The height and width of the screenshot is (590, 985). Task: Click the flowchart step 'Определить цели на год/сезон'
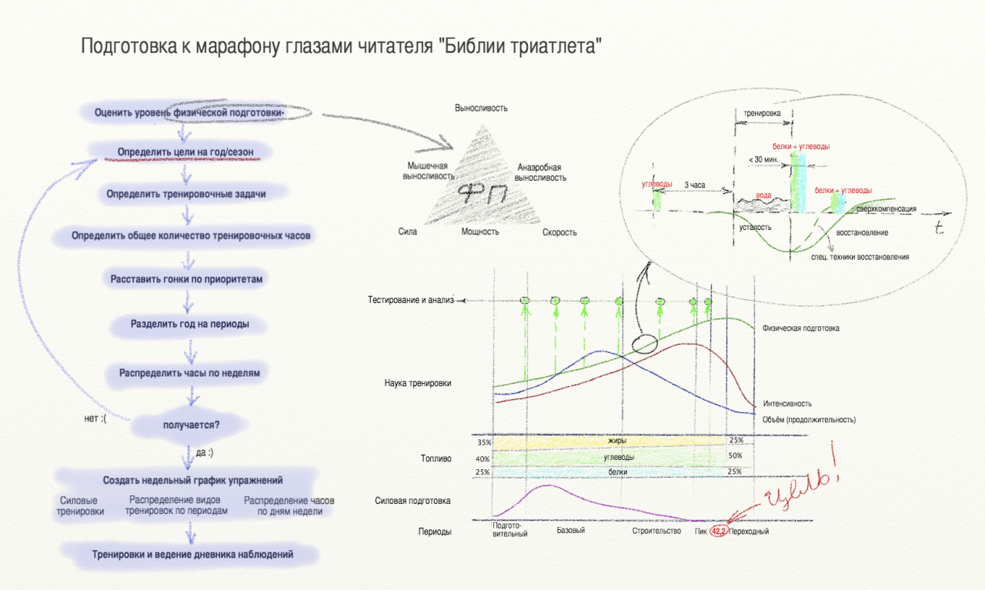coord(185,152)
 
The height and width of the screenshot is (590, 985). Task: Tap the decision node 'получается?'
coord(192,425)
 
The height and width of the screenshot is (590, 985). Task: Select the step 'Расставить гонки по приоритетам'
coord(186,279)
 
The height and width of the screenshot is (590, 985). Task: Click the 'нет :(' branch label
coord(95,418)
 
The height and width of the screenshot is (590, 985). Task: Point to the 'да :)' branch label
coord(205,452)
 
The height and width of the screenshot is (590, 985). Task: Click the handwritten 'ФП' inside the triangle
coord(482,193)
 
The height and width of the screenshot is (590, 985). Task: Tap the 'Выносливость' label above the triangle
coord(481,108)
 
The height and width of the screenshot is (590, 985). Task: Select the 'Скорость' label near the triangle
coord(559,232)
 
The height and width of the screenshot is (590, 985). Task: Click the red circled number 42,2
coord(719,532)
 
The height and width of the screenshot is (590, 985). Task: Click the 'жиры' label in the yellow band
coord(617,441)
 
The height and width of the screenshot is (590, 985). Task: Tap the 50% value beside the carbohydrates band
coord(735,455)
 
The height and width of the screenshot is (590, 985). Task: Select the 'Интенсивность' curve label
coord(787,404)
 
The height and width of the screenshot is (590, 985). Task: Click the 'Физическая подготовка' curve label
coord(801,328)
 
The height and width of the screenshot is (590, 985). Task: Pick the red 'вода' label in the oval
coord(763,195)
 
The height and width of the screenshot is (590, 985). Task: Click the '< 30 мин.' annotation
coord(763,159)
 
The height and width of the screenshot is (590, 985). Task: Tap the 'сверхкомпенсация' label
coord(886,208)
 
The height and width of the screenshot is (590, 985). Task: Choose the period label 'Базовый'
coord(571,530)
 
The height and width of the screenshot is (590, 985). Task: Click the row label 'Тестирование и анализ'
coord(411,300)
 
